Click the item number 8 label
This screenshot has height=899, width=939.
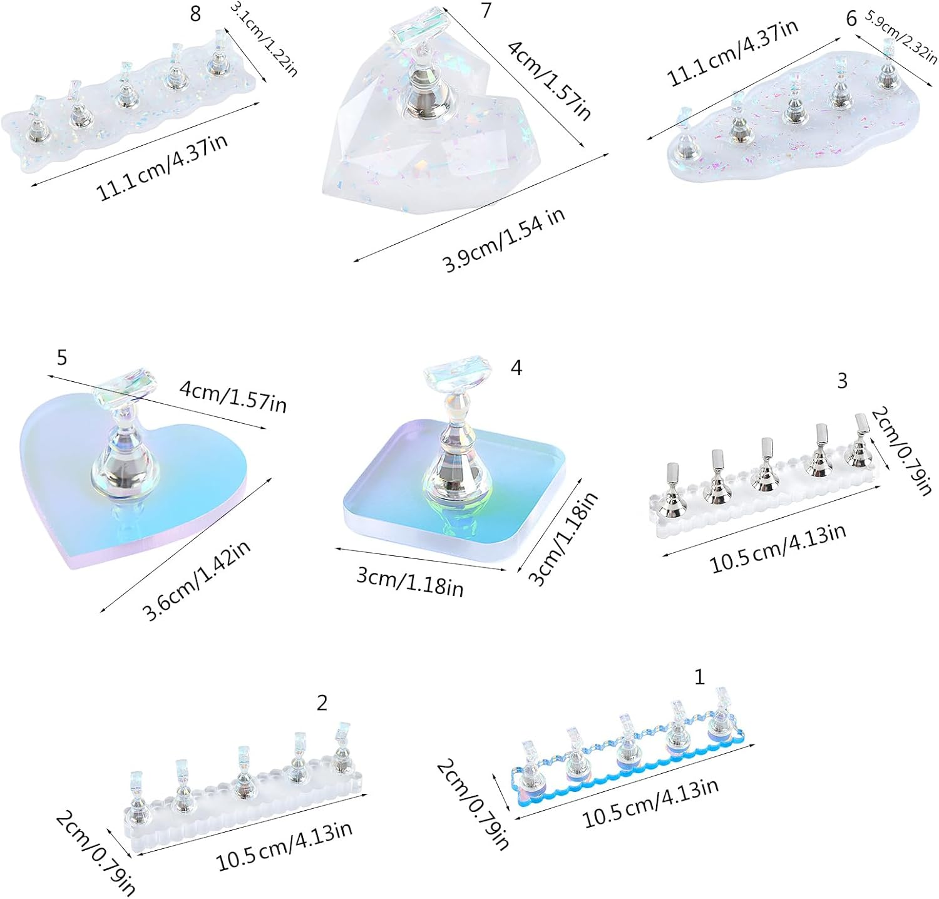click(x=195, y=14)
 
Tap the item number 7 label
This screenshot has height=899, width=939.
click(x=486, y=10)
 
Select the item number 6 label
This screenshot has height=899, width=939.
click(x=851, y=19)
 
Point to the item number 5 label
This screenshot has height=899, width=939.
click(x=61, y=357)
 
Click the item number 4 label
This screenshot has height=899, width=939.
click(x=516, y=367)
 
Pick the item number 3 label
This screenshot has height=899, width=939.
click(x=842, y=380)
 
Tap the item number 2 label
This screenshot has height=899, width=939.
click(x=322, y=703)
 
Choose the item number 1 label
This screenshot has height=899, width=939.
click(x=699, y=677)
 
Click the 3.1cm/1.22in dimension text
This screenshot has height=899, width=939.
click(x=264, y=39)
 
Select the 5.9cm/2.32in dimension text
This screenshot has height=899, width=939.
click(x=901, y=36)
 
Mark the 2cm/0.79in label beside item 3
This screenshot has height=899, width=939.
click(x=901, y=450)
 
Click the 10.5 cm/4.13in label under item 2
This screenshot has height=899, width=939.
click(x=284, y=846)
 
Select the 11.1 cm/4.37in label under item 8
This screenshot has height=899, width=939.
click(x=162, y=167)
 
